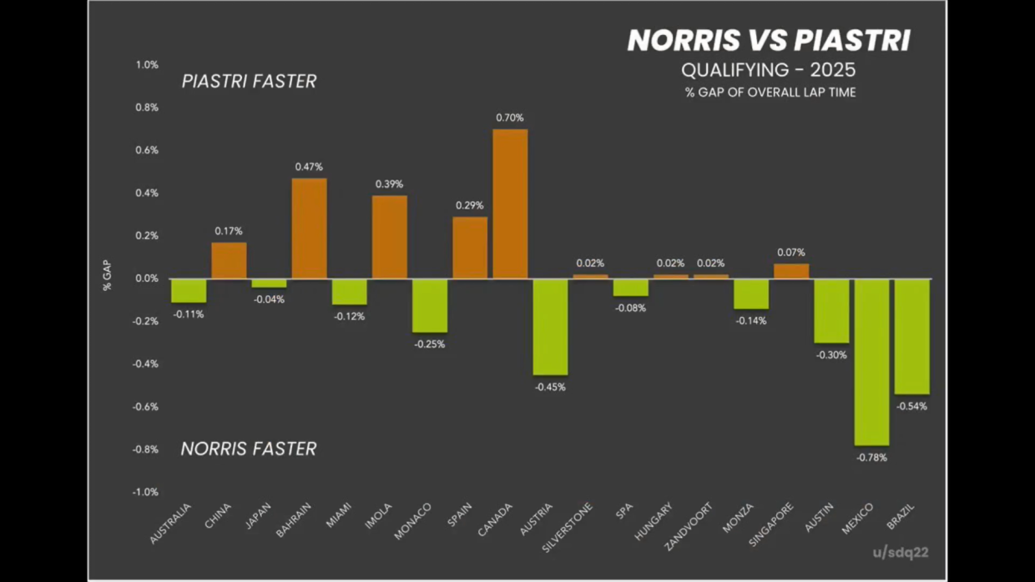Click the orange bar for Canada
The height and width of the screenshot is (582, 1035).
point(509,203)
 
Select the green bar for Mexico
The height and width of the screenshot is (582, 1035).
point(871,362)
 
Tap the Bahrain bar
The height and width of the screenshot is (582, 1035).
point(309,228)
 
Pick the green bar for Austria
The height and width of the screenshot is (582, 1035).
point(550,327)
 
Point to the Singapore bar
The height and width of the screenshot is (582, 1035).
point(791,271)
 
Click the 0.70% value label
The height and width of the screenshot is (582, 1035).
point(509,118)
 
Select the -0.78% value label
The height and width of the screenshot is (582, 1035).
point(871,458)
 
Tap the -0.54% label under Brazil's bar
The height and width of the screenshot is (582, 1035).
point(911,407)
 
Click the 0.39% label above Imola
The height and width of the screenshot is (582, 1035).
point(389,184)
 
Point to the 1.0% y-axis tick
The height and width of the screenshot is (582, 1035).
point(147,65)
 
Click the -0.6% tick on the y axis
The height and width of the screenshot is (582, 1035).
point(145,407)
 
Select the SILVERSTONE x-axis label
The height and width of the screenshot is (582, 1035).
point(568,526)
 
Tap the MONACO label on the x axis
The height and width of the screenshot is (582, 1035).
point(413,520)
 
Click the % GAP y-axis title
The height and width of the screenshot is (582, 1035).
point(107,276)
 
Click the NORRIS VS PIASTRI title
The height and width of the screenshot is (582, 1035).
point(769,41)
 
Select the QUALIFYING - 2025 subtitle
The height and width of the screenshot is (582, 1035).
point(769,70)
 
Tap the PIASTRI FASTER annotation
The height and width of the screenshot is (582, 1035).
point(249,82)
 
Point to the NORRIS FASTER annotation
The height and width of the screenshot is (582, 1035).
point(249,449)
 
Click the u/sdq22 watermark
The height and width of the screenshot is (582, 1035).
point(901,552)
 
